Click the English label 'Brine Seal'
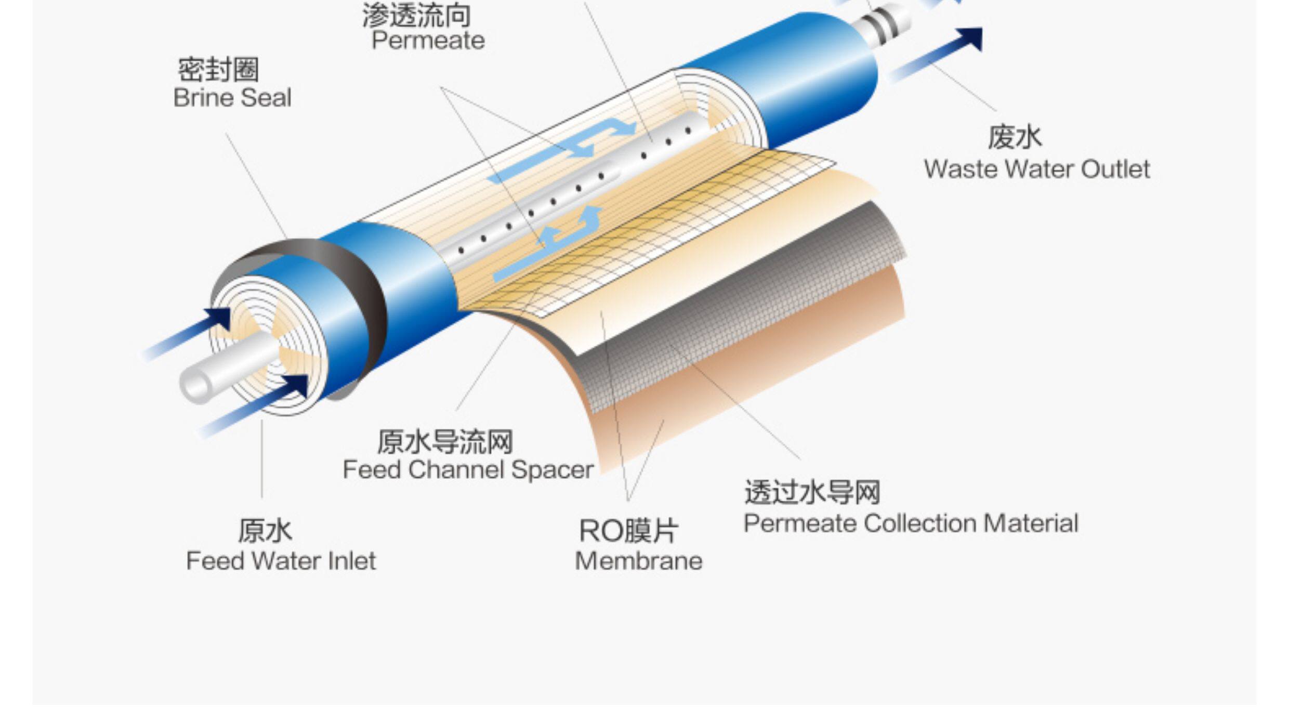[x=232, y=98]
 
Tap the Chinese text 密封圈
[x=218, y=70]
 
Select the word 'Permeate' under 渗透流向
[x=428, y=41]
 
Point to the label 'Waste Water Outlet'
[x=1036, y=169]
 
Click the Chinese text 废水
[x=1015, y=138]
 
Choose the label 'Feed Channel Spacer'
[x=468, y=470]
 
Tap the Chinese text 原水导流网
[x=445, y=442]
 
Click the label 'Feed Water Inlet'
[x=281, y=561]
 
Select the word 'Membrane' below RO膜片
[x=638, y=561]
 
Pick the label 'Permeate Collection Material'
[x=911, y=523]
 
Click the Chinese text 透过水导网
[x=812, y=492]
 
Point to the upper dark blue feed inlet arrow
[x=192, y=333]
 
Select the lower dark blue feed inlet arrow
[x=260, y=405]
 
